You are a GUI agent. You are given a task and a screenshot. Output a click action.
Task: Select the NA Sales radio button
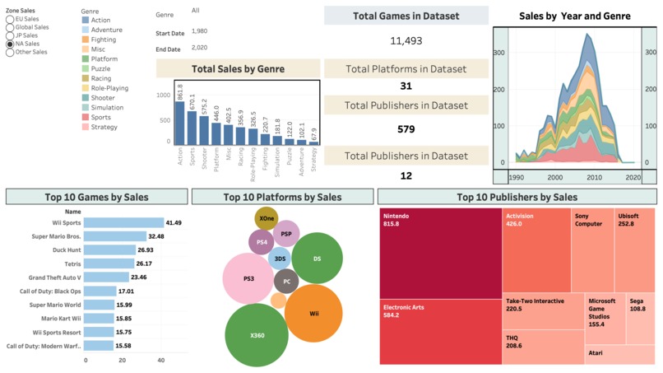10,44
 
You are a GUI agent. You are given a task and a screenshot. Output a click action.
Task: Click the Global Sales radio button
10,27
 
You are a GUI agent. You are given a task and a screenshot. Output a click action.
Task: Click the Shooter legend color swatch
85,98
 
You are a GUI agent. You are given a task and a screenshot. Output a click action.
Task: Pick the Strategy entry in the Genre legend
104,127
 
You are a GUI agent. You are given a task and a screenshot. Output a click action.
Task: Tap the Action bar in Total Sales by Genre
178,123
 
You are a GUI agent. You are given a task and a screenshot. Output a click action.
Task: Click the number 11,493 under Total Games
406,40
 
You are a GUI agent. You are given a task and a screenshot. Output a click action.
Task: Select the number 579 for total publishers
406,129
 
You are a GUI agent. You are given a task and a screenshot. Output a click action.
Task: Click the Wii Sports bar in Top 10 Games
123,223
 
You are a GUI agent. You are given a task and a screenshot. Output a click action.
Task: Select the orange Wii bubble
313,313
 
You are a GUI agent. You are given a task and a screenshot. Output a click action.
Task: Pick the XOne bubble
267,219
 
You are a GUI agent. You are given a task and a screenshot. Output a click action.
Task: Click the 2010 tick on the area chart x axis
594,177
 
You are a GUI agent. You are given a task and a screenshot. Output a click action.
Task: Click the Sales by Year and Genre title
575,16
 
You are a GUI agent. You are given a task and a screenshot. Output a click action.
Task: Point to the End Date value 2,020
199,48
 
